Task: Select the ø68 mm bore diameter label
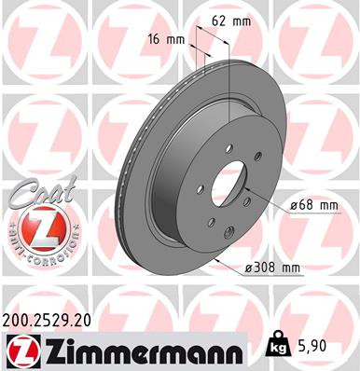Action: pos(313,205)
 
